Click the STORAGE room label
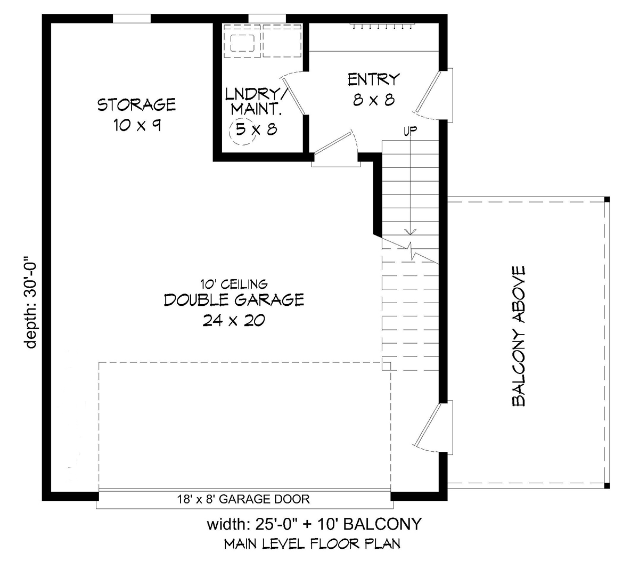tap(136, 104)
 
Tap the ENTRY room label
tap(374, 79)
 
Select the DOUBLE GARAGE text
tap(234, 299)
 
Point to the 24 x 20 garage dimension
tap(234, 321)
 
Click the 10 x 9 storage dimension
tap(137, 125)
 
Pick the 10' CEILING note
tap(234, 284)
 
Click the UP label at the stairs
tap(411, 131)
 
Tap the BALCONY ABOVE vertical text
tap(518, 336)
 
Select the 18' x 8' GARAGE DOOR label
tap(243, 499)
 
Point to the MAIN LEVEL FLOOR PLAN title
tap(312, 543)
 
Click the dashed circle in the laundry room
tap(242, 132)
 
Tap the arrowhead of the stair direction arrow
tap(410, 232)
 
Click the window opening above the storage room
tap(132, 19)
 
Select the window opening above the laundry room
tap(267, 19)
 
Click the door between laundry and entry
tap(293, 95)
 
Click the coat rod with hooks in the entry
tap(382, 25)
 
